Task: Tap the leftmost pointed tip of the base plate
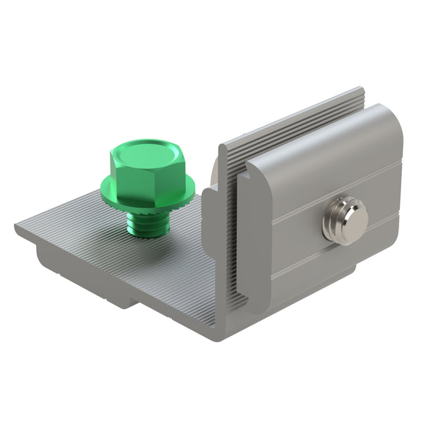[x=16, y=228]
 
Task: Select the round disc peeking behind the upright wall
[x=214, y=174]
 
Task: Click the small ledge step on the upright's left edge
[x=208, y=193]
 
